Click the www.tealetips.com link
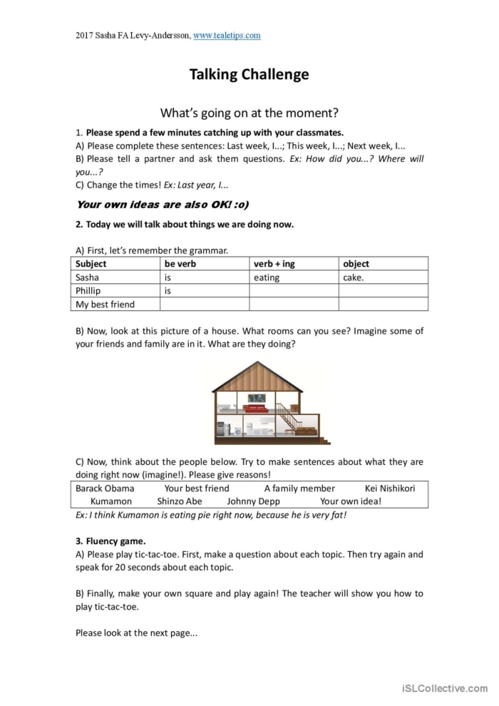pos(227,35)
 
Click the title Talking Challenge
pos(249,74)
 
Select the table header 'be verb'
pos(180,264)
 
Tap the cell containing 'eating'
pos(267,277)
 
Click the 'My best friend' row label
pos(105,305)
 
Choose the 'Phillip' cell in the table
pos(88,291)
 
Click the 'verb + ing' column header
pos(274,264)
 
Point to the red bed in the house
pos(255,408)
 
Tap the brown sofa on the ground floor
pos(306,431)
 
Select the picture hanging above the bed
pos(257,397)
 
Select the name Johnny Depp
pos(254,501)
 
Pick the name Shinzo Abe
pos(180,501)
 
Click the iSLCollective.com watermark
pos(444,688)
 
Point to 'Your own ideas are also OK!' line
pos(162,205)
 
